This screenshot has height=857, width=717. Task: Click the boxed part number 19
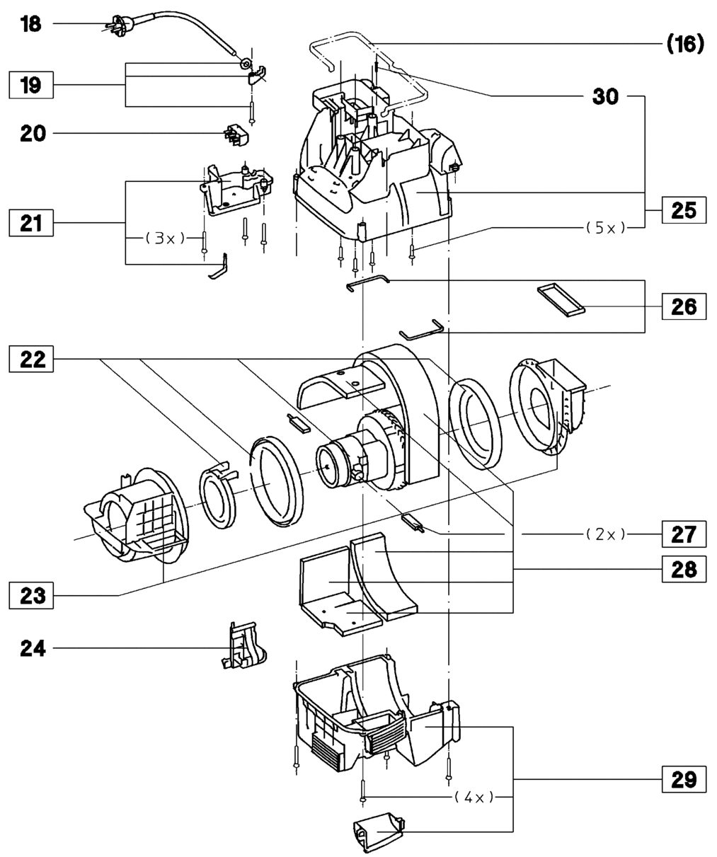pos(31,86)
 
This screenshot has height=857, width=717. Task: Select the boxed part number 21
pos(31,224)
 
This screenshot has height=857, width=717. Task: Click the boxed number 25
pos(683,211)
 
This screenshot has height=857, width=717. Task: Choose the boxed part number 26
pos(683,306)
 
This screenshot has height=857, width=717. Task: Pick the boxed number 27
pos(683,534)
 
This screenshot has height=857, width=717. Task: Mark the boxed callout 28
pos(683,568)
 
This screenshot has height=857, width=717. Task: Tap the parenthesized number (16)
pos(684,45)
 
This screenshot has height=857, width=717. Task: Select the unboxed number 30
pos(605,96)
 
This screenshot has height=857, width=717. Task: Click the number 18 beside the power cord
pos(30,24)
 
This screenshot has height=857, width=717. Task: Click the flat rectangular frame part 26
pos(561,298)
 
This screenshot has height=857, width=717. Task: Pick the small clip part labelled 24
pos(241,646)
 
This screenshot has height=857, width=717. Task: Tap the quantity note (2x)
pos(605,534)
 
